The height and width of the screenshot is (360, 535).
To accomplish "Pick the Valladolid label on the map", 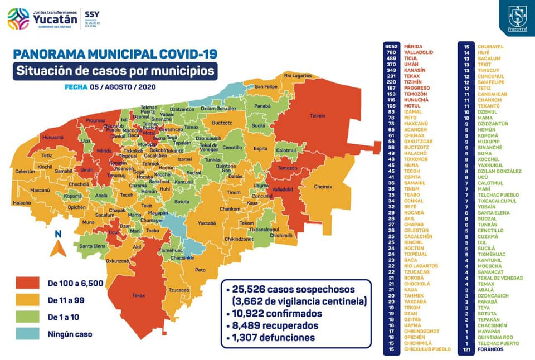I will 283,189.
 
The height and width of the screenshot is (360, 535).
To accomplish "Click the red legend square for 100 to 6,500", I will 28,283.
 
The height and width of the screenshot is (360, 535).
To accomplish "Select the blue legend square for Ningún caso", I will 28,334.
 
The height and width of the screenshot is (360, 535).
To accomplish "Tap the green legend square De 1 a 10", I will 28,318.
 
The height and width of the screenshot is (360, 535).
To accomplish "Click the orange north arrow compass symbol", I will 58,247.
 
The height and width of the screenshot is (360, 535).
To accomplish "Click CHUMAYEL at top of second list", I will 490,46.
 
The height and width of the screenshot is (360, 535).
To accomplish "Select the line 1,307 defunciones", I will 270,338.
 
